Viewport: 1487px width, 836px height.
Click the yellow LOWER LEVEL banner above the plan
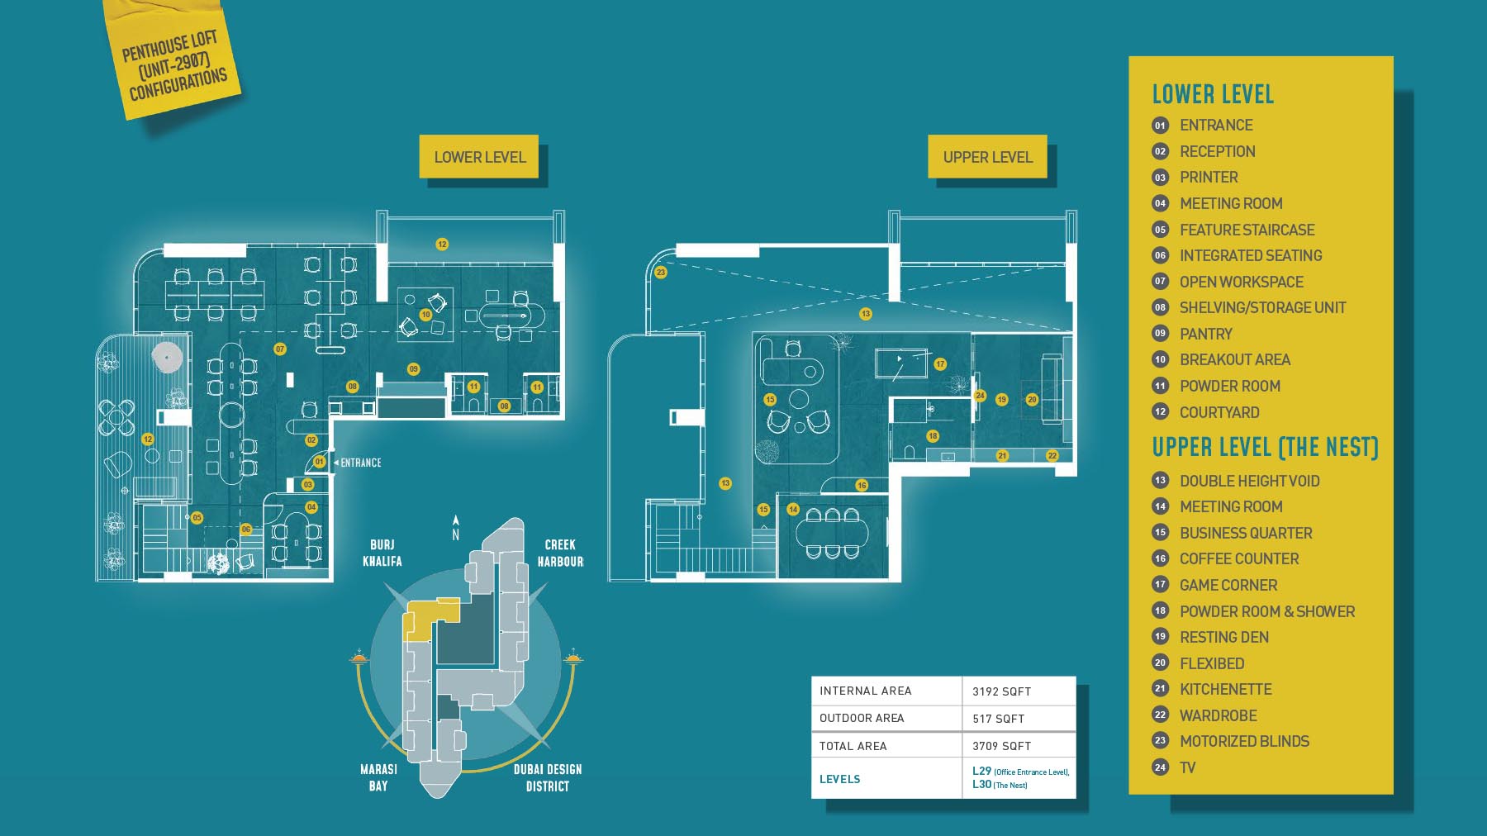coord(479,157)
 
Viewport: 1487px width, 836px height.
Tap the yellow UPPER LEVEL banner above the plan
coord(987,157)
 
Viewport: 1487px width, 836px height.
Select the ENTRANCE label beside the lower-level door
coord(361,463)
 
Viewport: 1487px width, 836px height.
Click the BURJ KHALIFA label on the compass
coord(382,553)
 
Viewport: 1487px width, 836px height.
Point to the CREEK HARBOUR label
coord(560,553)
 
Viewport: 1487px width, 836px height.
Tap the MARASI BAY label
coord(378,777)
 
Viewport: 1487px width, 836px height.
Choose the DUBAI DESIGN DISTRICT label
coord(547,777)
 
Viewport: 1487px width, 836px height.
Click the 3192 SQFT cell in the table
coord(1001,691)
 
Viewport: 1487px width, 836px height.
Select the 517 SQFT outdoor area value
coord(998,719)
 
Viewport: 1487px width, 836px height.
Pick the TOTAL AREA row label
coord(853,746)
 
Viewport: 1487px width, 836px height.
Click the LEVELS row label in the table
coord(839,779)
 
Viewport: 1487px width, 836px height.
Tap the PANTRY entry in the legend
coord(1205,334)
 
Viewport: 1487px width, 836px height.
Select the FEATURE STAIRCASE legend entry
coord(1247,230)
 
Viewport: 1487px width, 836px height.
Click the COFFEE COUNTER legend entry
coord(1238,559)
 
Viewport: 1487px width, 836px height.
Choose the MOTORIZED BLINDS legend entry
coord(1244,742)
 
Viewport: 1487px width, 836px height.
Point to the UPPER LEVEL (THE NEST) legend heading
coord(1265,448)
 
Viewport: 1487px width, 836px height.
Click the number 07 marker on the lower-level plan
coord(280,349)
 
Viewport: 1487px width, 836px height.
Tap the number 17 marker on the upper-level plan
coord(940,364)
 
